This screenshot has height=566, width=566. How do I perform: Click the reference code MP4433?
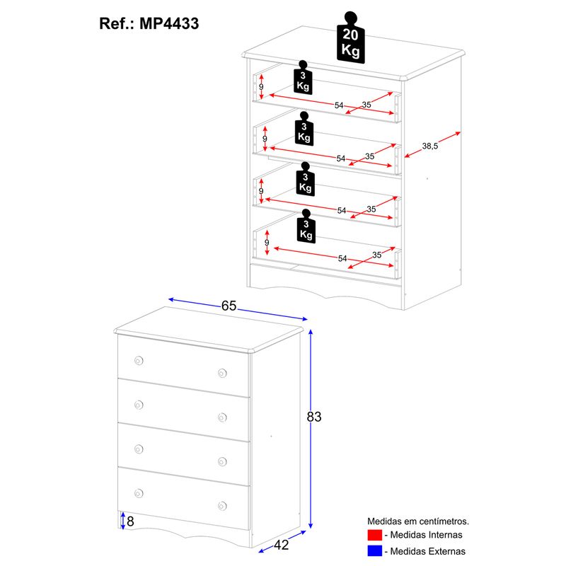point(169,23)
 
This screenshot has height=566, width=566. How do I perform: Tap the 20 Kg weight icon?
point(350,38)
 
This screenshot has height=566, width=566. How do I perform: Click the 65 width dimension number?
point(229,306)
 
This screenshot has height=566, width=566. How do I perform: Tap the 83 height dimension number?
point(314,417)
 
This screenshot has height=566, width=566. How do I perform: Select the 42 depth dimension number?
point(282,545)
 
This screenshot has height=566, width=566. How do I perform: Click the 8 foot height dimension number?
point(131,522)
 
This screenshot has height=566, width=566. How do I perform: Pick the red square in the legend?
point(374,535)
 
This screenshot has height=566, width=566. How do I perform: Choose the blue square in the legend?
point(374,550)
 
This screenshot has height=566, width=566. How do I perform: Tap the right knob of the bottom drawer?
point(222,505)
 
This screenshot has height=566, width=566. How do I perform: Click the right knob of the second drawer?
point(222,416)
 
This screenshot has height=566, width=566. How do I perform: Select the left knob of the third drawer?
point(139,448)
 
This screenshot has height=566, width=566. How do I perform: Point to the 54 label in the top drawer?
point(339,105)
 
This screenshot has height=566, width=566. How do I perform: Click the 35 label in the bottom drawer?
point(376,255)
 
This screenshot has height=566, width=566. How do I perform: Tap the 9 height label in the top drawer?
point(261,87)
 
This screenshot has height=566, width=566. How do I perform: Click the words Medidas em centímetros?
point(417,521)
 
